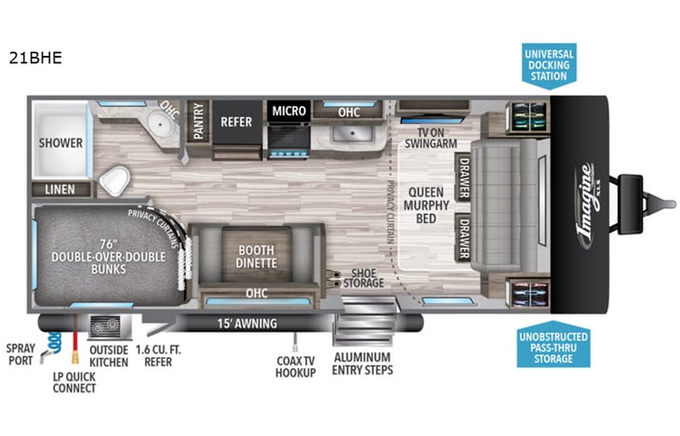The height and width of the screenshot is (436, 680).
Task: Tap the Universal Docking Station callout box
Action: pos(548,63)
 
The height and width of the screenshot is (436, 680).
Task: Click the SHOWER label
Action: pos(60,143)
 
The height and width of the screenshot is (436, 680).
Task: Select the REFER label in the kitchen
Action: pos(236,121)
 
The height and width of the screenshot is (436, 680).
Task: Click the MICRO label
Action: pos(288,112)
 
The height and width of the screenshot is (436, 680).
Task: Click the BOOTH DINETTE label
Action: pos(256,256)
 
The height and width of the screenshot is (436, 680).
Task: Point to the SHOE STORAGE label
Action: pos(363,277)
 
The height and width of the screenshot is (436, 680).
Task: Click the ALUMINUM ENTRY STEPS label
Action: pos(362,363)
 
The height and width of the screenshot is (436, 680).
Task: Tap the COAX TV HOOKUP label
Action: pos(296,366)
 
